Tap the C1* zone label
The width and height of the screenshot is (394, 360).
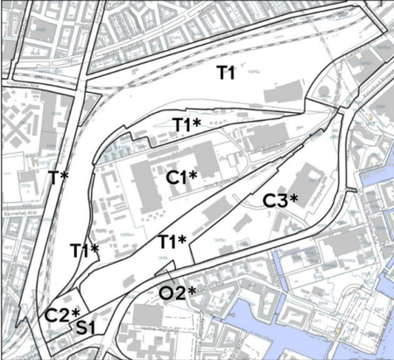(x=185, y=178)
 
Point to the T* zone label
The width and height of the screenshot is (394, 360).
(x=59, y=178)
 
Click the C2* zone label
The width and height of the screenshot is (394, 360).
(x=62, y=314)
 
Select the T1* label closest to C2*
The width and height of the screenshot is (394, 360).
(x=84, y=251)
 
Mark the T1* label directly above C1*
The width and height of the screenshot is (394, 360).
(x=186, y=124)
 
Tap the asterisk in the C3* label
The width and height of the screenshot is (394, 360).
(x=294, y=198)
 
